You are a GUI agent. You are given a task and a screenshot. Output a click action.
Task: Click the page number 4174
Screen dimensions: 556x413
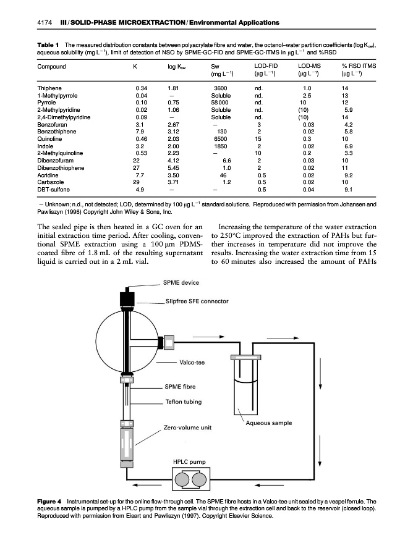(46, 23)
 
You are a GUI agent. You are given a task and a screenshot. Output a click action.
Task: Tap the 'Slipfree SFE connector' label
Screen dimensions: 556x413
(198, 301)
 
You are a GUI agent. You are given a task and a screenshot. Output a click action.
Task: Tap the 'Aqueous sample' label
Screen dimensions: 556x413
(269, 423)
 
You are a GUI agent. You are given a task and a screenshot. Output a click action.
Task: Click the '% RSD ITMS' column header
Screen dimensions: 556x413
(360, 66)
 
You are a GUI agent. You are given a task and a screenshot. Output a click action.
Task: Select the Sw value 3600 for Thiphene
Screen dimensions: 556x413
(221, 88)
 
